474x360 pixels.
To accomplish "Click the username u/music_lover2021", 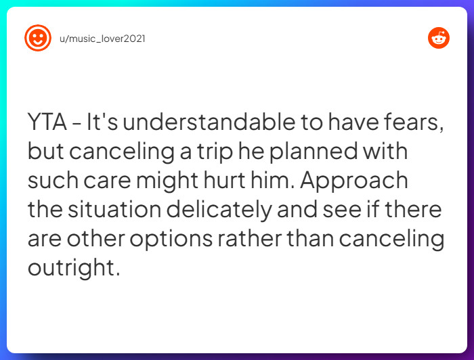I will click(x=103, y=39).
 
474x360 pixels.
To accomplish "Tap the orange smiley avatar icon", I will click(x=38, y=38).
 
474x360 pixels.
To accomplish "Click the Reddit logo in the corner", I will click(x=438, y=38).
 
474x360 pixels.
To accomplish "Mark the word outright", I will click(x=73, y=269).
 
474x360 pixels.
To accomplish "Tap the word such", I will click(x=51, y=181).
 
